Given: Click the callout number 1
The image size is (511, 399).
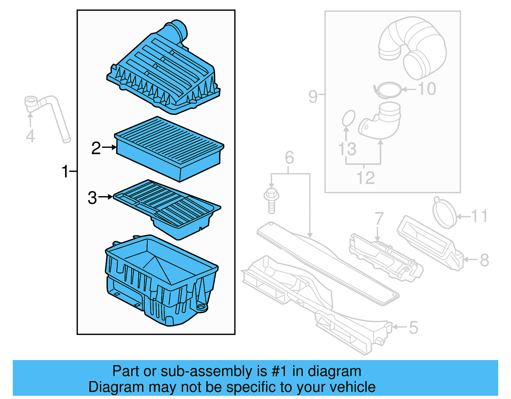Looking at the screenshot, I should coord(65,172).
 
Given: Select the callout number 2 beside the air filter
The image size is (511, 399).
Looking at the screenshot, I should coord(96,148).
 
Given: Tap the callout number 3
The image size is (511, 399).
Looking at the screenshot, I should coord(92,198).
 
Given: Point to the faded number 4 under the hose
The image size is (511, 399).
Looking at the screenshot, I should coord(30,136).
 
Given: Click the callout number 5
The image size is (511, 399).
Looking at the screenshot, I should coord(413,328).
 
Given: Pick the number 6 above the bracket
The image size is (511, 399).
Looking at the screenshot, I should coord(289,157).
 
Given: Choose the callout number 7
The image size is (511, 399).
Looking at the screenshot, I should coord(379,219).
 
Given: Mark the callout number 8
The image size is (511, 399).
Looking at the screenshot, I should coord(484,260).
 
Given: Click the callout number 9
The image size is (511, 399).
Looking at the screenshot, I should coord(313,96).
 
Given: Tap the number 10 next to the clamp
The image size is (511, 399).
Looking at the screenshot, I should coord(427,89).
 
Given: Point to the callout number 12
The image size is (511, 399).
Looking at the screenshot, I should coord(365,178).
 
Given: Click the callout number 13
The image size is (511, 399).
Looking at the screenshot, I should coord(347,149).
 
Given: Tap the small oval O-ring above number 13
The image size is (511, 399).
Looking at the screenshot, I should coord(348,119).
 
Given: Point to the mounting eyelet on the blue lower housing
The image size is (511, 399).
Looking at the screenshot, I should coord(201,307).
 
